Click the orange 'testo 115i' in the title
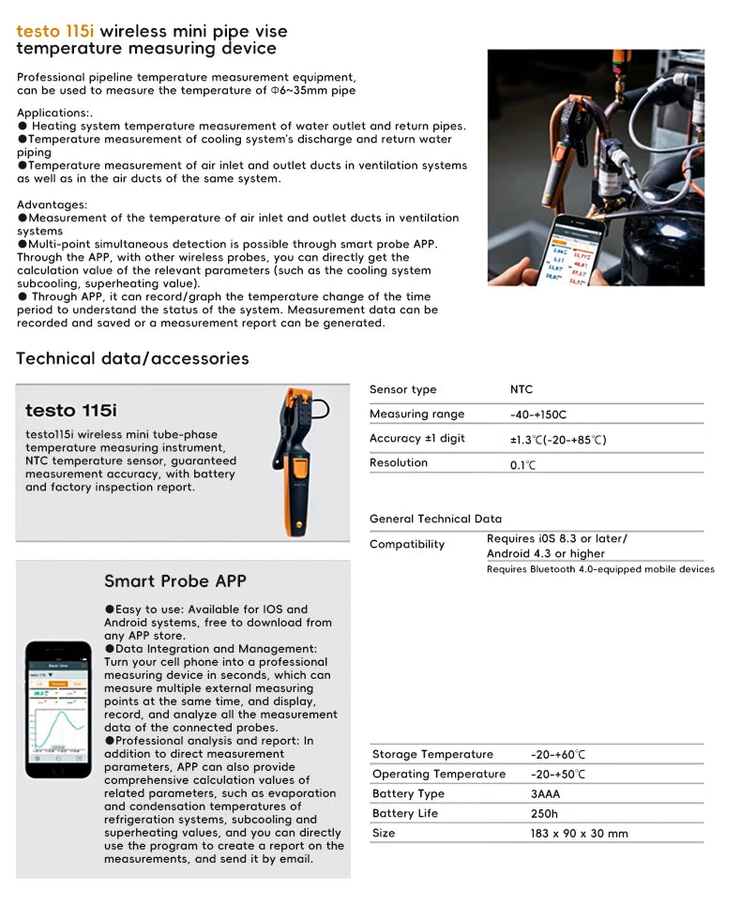(x=55, y=31)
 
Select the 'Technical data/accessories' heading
(x=132, y=358)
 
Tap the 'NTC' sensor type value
(x=521, y=389)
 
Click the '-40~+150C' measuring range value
(x=537, y=414)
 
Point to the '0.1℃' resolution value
(x=522, y=463)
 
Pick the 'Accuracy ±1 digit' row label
(x=416, y=439)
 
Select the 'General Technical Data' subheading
(x=435, y=519)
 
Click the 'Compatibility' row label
(x=407, y=545)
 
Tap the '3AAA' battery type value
(x=547, y=794)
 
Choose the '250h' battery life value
(x=544, y=814)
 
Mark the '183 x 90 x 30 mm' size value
(x=579, y=834)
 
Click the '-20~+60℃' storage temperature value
(x=557, y=755)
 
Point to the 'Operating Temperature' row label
(x=438, y=775)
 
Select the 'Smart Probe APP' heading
(x=175, y=581)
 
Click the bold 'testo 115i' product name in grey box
(x=71, y=410)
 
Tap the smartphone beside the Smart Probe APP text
(x=58, y=709)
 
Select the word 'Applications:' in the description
(x=57, y=113)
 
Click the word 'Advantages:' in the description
(x=53, y=204)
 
